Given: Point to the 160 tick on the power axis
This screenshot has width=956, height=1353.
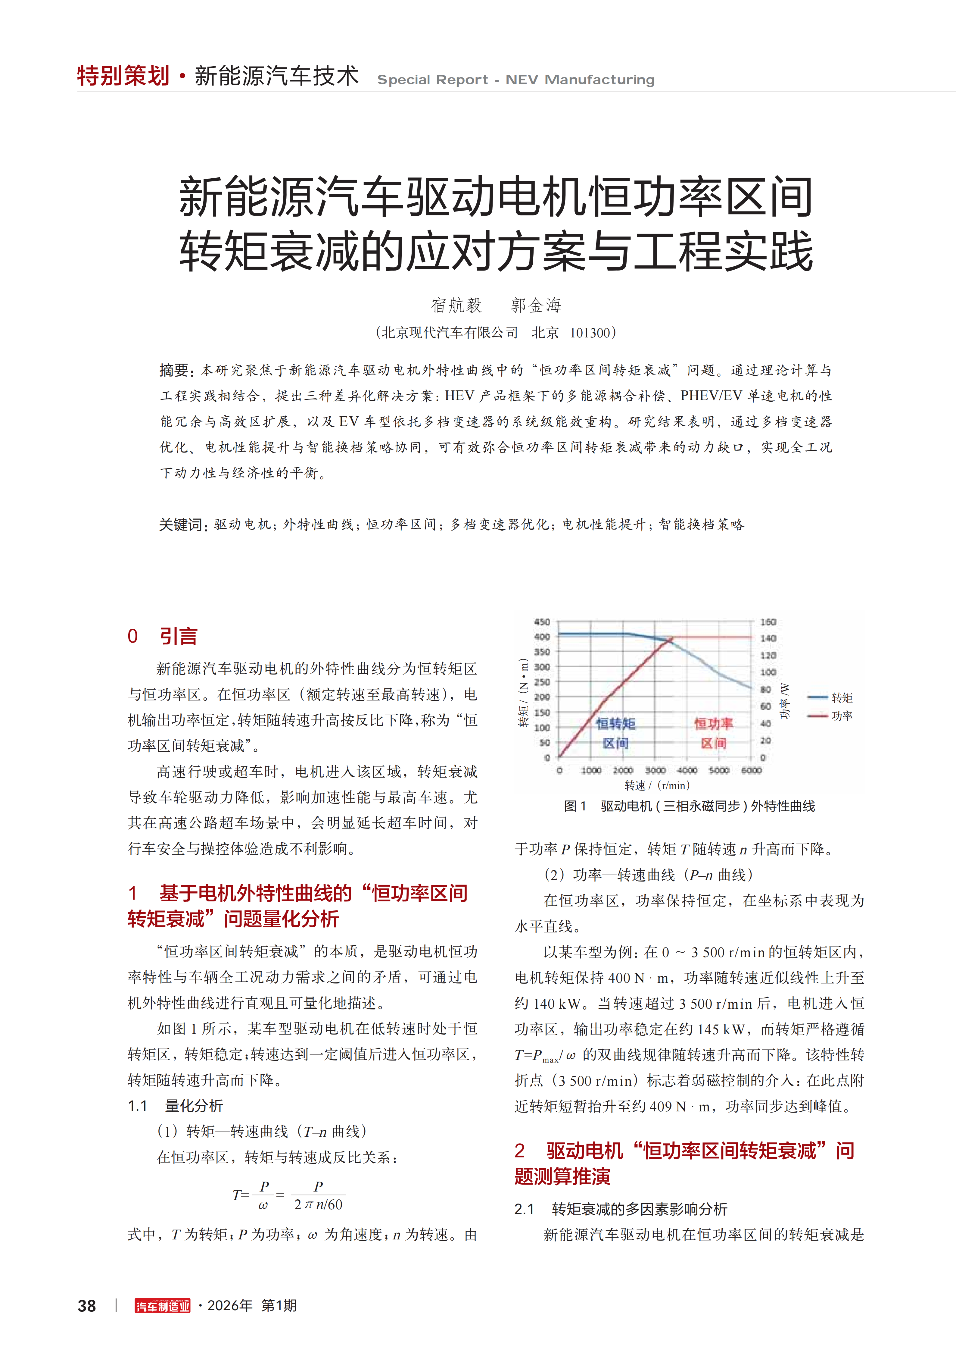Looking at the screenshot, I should (768, 622).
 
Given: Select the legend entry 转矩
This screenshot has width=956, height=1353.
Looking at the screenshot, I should (842, 698).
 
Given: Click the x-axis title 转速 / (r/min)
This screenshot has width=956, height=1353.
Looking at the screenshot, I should (657, 785).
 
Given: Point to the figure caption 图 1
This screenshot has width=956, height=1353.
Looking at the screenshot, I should (575, 806).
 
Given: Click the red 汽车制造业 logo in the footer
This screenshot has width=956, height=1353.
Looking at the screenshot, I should (163, 1306).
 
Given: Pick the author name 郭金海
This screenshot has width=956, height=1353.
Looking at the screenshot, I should (536, 305).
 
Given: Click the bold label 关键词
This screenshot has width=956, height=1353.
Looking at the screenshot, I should (182, 525).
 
